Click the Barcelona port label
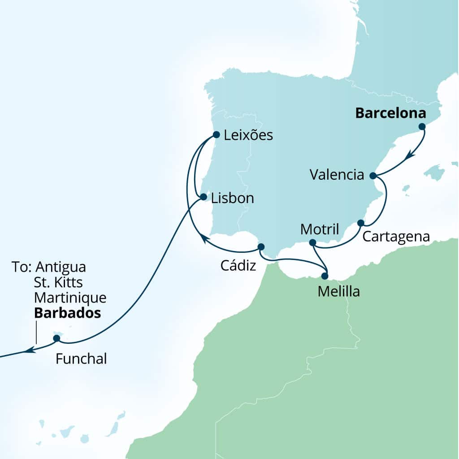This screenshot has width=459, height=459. pyautogui.click(x=390, y=113)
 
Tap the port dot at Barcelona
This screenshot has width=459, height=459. pyautogui.click(x=422, y=127)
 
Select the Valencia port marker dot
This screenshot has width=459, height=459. pyautogui.click(x=373, y=175)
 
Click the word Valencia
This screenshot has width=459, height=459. pyautogui.click(x=337, y=175)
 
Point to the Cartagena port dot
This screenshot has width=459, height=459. pyautogui.click(x=360, y=223)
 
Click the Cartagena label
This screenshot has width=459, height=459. pyautogui.click(x=396, y=237)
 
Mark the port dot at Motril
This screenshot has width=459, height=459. pyautogui.click(x=313, y=242)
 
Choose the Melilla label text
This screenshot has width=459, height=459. pyautogui.click(x=338, y=292)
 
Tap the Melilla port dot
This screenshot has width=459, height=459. pyautogui.click(x=325, y=276)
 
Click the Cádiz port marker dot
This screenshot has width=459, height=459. pyautogui.click(x=261, y=247)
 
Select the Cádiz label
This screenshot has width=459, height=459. pyautogui.click(x=238, y=266)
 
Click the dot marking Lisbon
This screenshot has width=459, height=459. pyautogui.click(x=203, y=197)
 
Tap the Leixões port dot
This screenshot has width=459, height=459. pyautogui.click(x=216, y=134)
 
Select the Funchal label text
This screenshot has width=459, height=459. pyautogui.click(x=81, y=359)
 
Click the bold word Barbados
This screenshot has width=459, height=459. pyautogui.click(x=67, y=313)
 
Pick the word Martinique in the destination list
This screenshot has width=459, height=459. pyautogui.click(x=70, y=298)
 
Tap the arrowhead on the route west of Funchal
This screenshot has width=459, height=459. pyautogui.click(x=29, y=350)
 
